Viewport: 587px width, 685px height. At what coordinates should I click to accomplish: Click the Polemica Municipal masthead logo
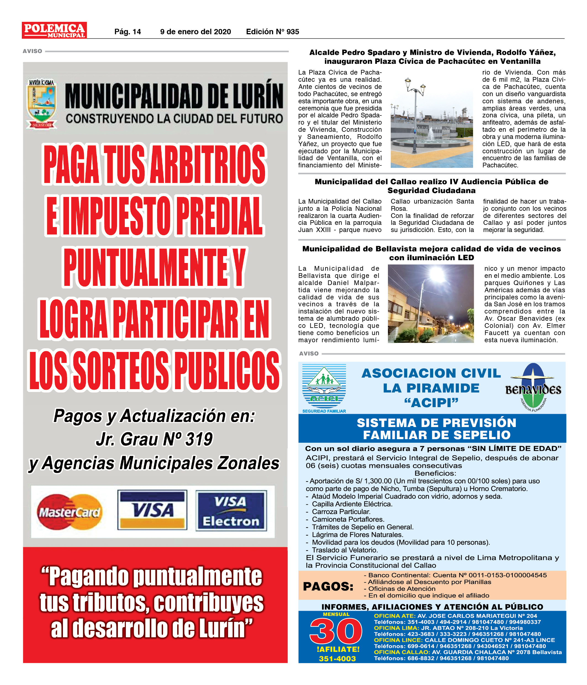pyautogui.click(x=54, y=30)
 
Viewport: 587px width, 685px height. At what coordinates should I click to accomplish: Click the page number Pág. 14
pyautogui.click(x=127, y=32)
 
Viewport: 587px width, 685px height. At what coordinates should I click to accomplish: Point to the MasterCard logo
pyautogui.click(x=69, y=512)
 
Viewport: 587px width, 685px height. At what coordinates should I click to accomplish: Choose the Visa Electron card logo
pyautogui.click(x=231, y=511)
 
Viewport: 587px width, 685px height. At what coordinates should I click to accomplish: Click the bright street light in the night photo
pyautogui.click(x=437, y=275)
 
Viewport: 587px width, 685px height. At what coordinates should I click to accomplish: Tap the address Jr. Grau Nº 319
pyautogui.click(x=154, y=439)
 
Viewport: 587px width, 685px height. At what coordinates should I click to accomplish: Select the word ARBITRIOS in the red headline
pyautogui.click(x=208, y=165)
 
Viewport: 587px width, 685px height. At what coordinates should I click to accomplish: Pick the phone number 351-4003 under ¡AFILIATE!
pyautogui.click(x=337, y=659)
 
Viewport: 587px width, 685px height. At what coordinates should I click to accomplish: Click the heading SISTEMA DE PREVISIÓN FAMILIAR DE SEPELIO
pyautogui.click(x=436, y=429)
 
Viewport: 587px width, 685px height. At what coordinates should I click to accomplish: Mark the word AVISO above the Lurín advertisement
pyautogui.click(x=32, y=51)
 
